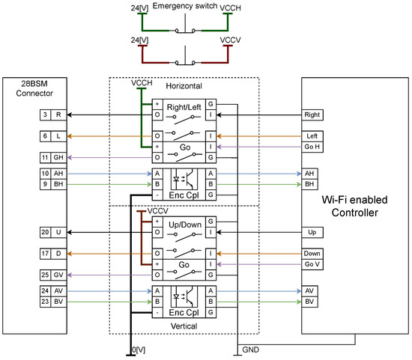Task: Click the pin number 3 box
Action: tap(45, 115)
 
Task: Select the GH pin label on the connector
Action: tap(58, 158)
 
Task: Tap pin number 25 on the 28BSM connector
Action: tap(45, 275)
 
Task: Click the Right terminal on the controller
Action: tap(312, 115)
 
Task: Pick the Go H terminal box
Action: tap(312, 147)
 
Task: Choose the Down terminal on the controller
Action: tap(312, 254)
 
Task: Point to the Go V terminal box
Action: tap(312, 264)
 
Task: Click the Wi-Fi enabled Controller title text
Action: tap(355, 206)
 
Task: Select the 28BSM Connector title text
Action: tap(34, 88)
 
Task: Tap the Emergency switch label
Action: tap(185, 6)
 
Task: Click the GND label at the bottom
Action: tap(251, 350)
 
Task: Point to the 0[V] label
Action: tap(139, 350)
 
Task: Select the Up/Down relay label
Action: tap(185, 225)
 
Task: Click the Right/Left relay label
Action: tap(184, 107)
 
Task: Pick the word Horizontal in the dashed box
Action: tap(184, 86)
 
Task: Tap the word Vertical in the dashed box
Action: tap(184, 326)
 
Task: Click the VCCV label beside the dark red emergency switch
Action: tap(230, 40)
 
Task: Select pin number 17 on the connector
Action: tap(45, 254)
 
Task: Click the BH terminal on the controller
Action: tap(309, 184)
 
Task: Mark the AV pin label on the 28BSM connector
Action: tap(58, 291)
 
